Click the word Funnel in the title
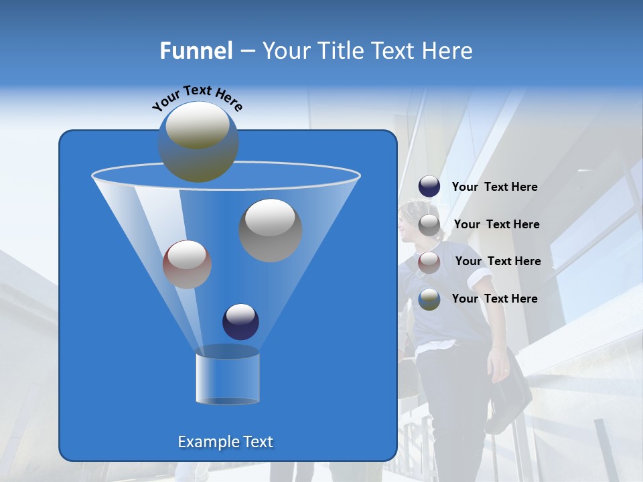click(x=196, y=51)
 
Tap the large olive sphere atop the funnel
click(x=198, y=142)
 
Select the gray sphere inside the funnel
click(x=271, y=230)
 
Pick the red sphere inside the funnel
click(x=188, y=264)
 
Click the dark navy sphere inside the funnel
click(x=241, y=321)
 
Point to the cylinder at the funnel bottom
click(x=228, y=378)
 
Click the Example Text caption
click(x=225, y=442)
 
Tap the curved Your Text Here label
click(x=197, y=98)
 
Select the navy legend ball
click(x=429, y=187)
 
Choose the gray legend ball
click(x=429, y=225)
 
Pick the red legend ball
click(x=429, y=262)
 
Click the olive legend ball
click(x=429, y=299)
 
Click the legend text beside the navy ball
click(x=494, y=187)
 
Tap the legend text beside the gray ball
click(x=496, y=225)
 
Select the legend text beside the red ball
click(x=498, y=262)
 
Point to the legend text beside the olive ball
click(x=494, y=299)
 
